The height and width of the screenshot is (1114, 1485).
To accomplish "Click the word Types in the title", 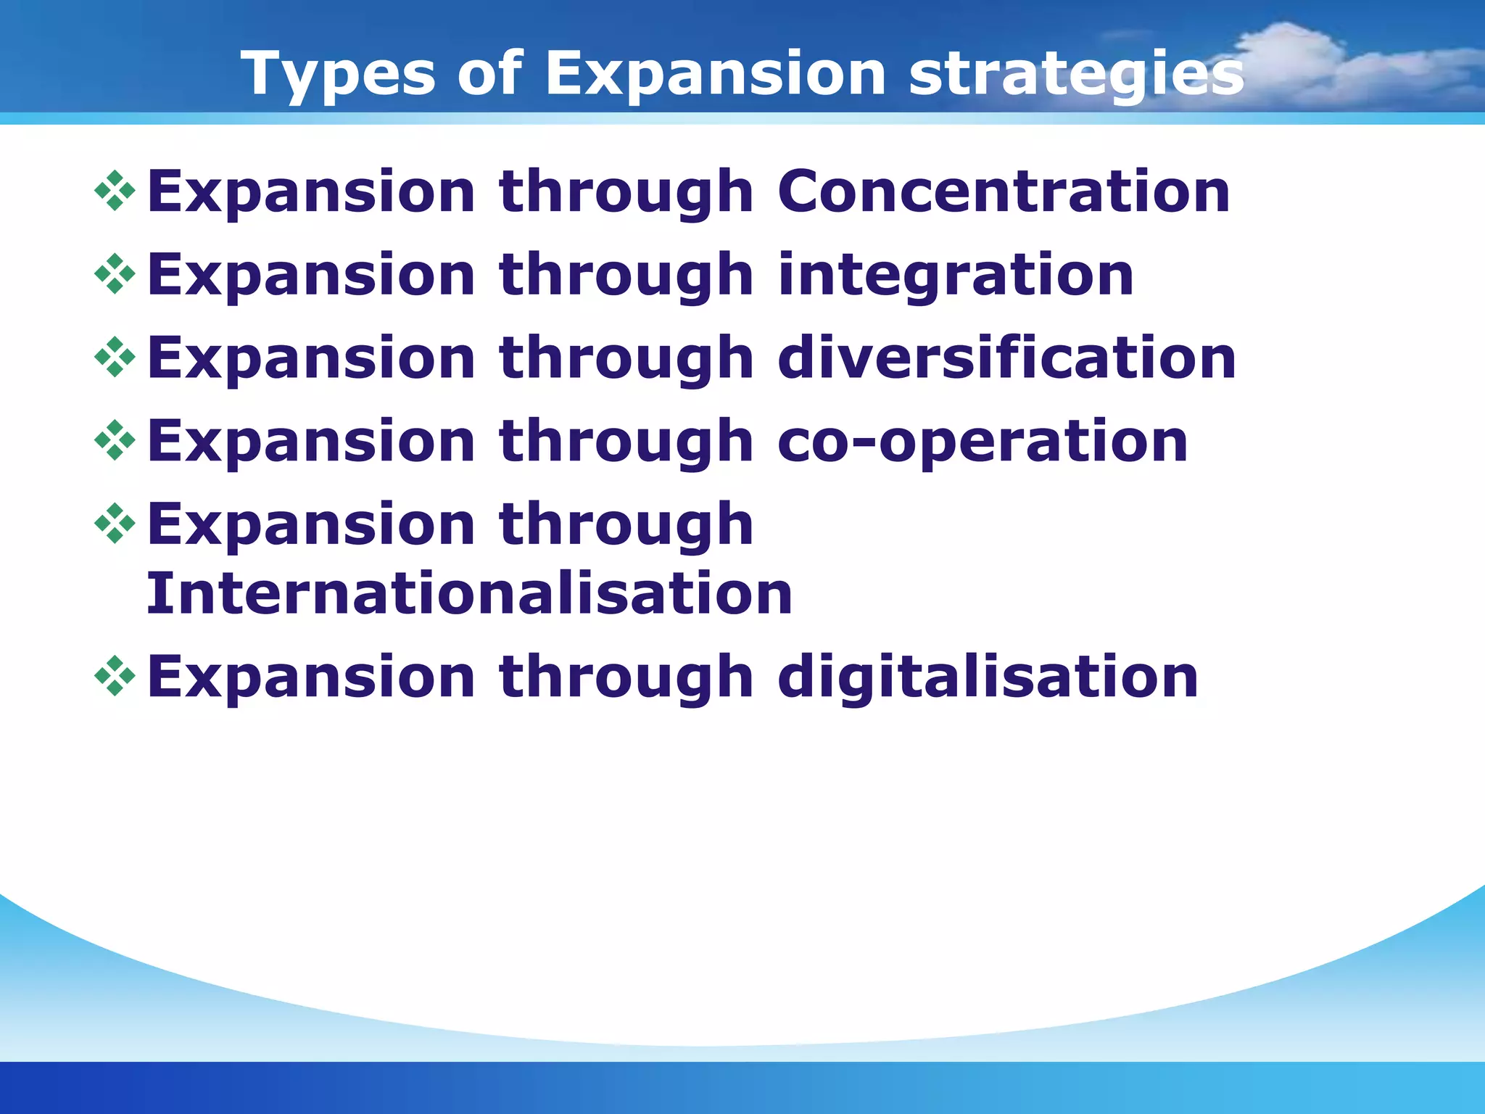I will (x=338, y=74).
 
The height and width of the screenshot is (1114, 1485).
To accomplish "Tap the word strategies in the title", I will (x=1076, y=74).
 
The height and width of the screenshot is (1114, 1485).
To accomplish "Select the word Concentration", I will (x=1004, y=191).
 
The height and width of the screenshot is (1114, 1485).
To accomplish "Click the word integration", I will (x=956, y=276).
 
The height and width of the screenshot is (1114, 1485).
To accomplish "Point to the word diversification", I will (x=1006, y=358).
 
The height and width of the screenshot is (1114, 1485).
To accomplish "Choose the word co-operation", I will (x=983, y=442).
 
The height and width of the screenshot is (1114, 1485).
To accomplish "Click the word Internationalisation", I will (x=469, y=594).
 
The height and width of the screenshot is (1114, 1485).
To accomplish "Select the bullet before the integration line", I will (x=115, y=274).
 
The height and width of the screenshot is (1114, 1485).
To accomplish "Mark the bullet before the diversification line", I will (x=115, y=357).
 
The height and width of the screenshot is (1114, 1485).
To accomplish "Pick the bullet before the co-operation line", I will (x=115, y=440).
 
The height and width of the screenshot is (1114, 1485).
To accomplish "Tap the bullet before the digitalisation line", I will (x=115, y=676).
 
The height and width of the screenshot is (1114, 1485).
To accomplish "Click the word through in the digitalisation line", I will (x=626, y=678).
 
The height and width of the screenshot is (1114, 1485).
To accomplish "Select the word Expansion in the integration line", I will (x=311, y=276).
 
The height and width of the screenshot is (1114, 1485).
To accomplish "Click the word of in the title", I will (x=489, y=74).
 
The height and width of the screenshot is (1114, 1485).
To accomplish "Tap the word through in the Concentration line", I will (x=626, y=193).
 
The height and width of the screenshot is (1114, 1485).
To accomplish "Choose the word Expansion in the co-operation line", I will (x=311, y=442).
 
